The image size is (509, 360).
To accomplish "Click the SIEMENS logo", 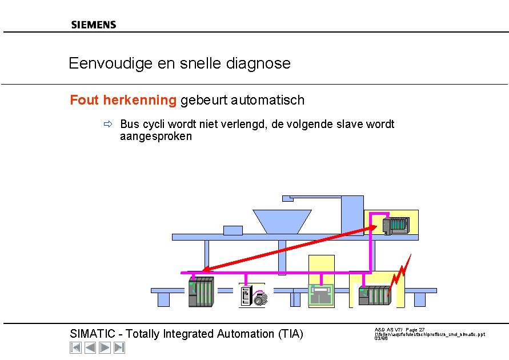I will point(94,25).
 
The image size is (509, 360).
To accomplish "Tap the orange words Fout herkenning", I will point(123,101).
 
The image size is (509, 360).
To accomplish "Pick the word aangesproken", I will point(156,137).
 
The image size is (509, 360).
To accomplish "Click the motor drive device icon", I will point(252,296).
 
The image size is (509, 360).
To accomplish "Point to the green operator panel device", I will point(321,295).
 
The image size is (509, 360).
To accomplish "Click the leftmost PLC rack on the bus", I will point(201,291).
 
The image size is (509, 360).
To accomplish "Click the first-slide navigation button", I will point(75,347).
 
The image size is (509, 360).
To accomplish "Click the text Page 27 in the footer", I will point(415,330).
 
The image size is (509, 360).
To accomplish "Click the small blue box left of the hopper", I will point(233,230).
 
